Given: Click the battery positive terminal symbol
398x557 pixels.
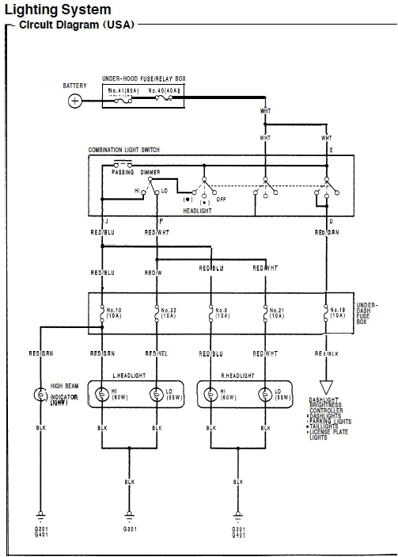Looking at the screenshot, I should [x=75, y=101].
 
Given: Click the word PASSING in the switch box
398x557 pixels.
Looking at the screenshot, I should [x=123, y=172].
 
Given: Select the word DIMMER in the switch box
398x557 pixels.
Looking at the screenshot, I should [x=151, y=172].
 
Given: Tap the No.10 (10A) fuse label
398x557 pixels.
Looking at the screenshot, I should [x=114, y=312].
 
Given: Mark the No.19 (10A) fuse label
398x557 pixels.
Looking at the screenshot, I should [x=337, y=312].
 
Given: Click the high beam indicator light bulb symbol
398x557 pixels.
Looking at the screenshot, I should [x=40, y=394].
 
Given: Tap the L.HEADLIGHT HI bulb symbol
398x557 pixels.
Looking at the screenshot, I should [x=102, y=394].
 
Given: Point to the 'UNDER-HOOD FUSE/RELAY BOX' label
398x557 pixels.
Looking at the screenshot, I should [x=143, y=79].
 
